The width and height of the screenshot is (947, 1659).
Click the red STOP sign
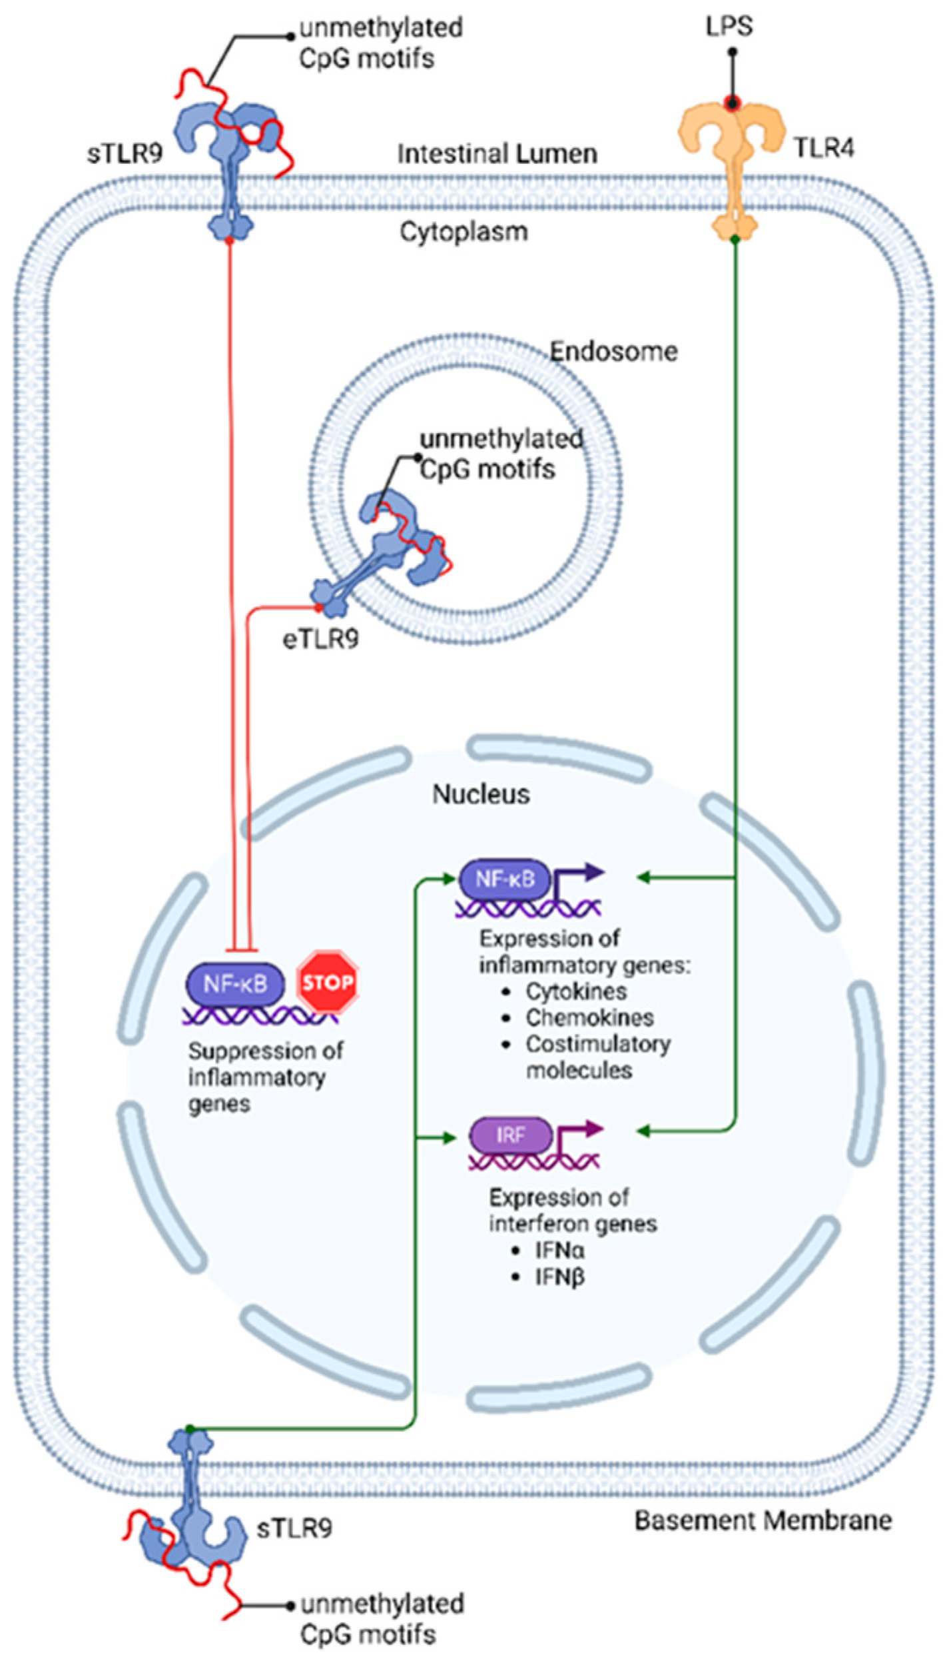click(327, 982)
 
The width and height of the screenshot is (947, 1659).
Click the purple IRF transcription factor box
click(511, 1135)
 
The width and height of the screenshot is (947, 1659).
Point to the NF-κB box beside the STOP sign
click(234, 983)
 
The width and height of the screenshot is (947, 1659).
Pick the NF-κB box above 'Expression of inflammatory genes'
click(505, 879)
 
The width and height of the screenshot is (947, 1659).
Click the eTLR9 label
click(321, 639)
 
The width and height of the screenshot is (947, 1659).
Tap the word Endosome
click(613, 351)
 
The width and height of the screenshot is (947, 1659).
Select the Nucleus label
click(481, 794)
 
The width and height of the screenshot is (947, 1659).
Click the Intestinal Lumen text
click(497, 154)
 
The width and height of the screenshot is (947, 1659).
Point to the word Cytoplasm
click(464, 232)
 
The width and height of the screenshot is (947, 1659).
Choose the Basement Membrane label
click(763, 1520)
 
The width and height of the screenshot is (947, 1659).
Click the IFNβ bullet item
click(559, 1277)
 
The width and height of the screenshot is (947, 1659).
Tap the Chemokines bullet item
click(589, 1017)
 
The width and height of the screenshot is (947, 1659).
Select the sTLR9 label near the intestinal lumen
click(125, 154)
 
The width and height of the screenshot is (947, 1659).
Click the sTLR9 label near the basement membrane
click(294, 1528)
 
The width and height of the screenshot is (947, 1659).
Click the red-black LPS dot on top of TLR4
click(733, 103)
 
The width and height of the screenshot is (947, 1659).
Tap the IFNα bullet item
click(559, 1250)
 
